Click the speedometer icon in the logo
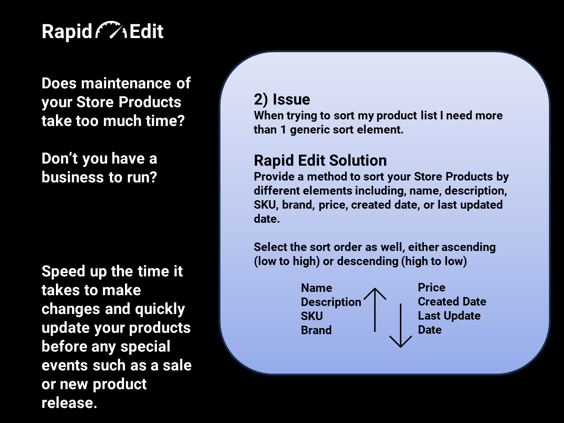point(111,30)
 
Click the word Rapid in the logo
point(67,32)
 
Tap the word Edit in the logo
point(147,31)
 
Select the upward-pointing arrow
point(375,310)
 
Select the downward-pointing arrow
point(400,326)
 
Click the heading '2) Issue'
point(282,99)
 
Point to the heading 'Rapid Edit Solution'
point(320,161)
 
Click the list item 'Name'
point(317,288)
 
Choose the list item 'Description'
point(331,302)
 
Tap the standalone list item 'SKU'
point(312,316)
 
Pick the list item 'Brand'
point(316,330)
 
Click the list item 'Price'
point(431,287)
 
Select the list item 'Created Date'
point(452,302)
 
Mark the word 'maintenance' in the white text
point(126,84)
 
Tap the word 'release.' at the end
point(70,403)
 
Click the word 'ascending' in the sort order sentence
point(469,248)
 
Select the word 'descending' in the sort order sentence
point(368,262)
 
